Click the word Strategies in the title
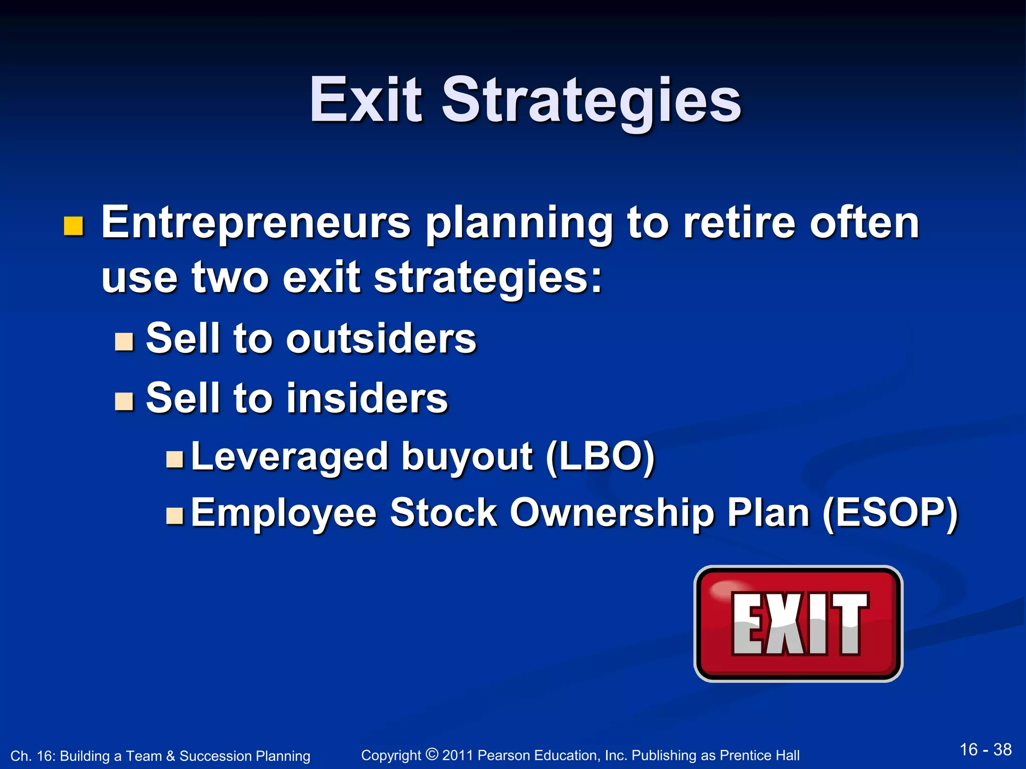point(591,100)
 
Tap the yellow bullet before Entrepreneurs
point(73,226)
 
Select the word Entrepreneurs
point(255,223)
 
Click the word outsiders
point(381,339)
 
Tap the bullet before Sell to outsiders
point(124,341)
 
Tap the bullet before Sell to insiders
point(124,401)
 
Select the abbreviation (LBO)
point(600,457)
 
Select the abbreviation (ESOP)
point(890,513)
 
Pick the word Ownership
point(611,513)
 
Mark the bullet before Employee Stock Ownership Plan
point(175,515)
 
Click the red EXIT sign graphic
point(798,623)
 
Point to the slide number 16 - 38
point(985,749)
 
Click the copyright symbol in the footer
point(431,754)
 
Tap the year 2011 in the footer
point(457,755)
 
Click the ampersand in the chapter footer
point(170,756)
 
